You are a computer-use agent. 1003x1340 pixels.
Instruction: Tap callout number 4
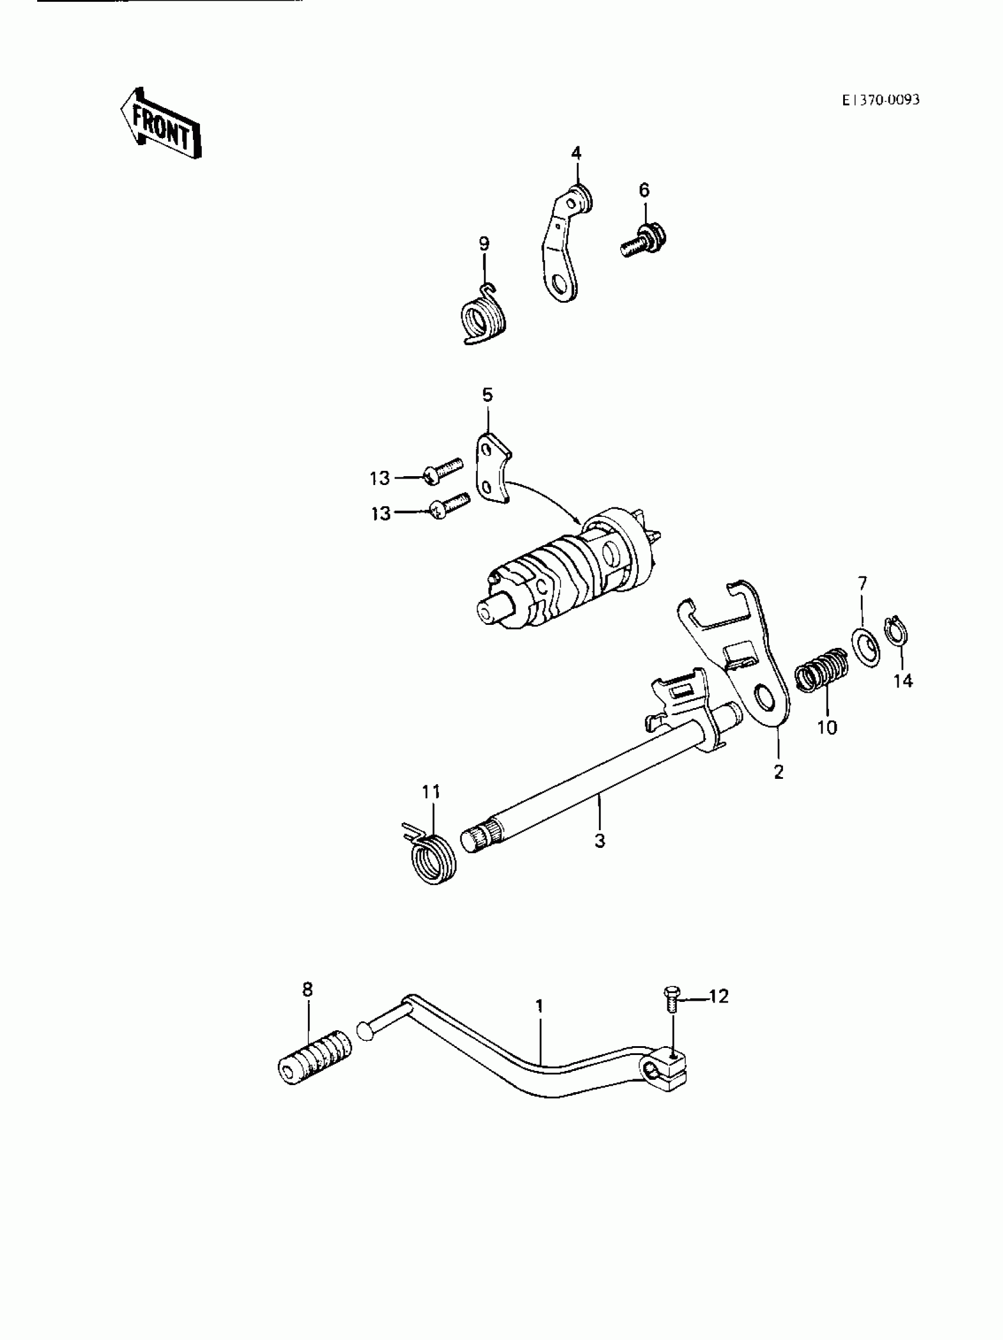click(576, 153)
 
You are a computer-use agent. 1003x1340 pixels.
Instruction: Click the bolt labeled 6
click(642, 241)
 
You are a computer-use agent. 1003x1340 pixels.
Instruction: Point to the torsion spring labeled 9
click(483, 318)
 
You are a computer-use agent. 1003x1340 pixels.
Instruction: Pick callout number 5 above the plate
click(487, 395)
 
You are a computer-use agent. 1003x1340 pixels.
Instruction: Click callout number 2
click(779, 772)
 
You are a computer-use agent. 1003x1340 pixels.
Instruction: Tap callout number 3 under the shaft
click(599, 840)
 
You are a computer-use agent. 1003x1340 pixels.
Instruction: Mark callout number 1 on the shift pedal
click(539, 1007)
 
